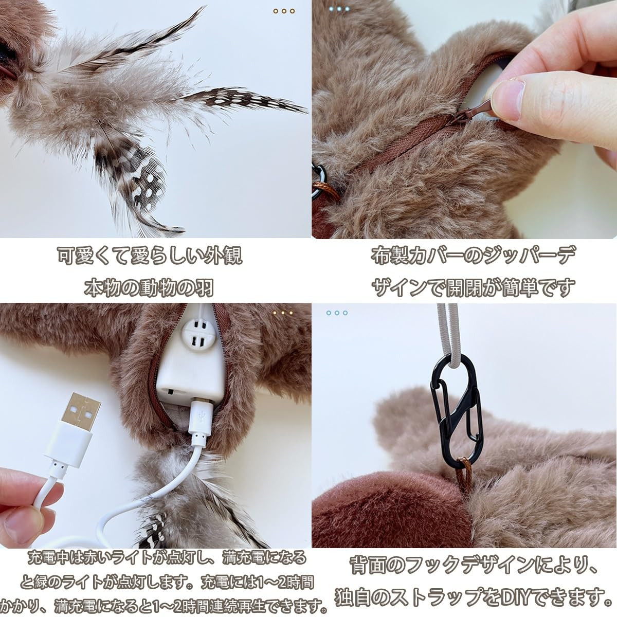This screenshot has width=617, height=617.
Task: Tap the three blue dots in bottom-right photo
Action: click(337, 313)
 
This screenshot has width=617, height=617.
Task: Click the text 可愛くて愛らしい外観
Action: click(149, 256)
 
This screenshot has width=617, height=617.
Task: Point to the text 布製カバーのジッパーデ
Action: click(473, 256)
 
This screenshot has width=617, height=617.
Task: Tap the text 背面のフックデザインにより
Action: click(473, 566)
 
